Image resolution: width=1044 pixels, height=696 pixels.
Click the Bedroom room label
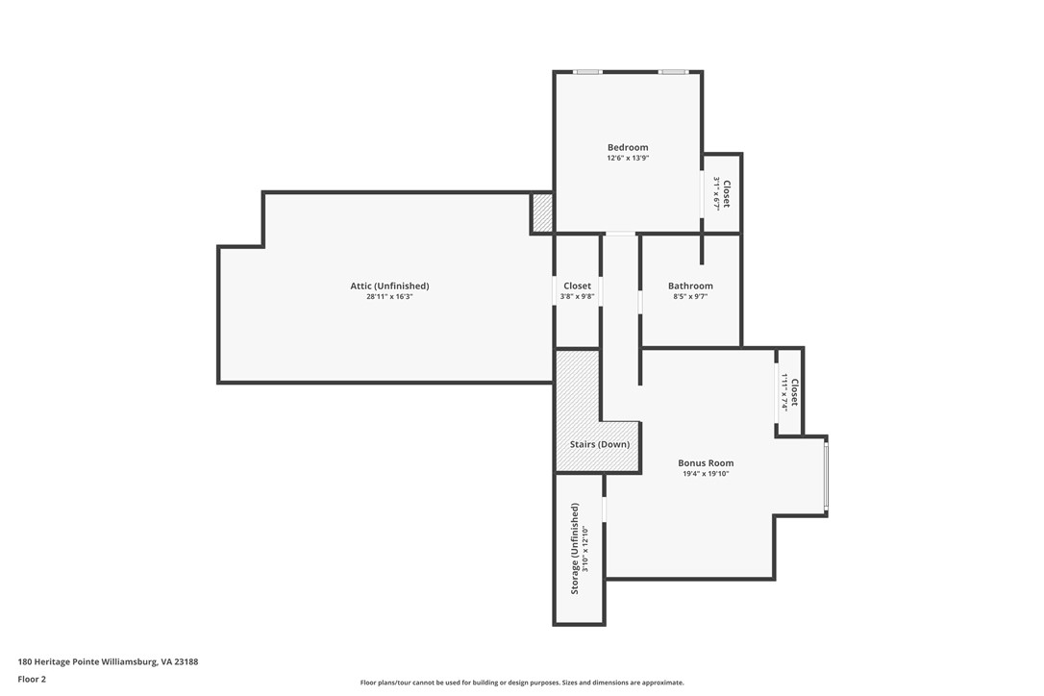coord(628,147)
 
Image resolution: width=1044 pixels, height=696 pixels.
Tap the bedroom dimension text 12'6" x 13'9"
coord(628,158)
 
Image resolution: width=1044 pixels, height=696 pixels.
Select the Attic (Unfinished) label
coord(389,286)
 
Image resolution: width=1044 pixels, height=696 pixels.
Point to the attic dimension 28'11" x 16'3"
coord(389,297)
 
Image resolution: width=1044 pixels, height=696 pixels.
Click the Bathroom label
coord(690,286)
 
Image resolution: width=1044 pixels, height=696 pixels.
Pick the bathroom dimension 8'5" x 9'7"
coord(690,297)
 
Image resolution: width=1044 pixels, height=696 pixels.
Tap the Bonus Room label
coord(706,462)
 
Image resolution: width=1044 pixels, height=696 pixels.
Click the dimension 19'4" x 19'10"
coord(706,474)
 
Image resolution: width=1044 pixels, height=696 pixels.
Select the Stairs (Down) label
coord(600,444)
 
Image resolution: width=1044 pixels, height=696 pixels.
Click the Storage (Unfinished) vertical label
coord(575,548)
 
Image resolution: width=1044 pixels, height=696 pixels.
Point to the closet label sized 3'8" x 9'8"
coord(578,286)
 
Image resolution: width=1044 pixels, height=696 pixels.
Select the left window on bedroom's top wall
coord(587,72)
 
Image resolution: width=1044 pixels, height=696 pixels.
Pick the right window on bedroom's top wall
coord(673,72)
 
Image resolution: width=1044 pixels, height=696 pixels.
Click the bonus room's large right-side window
coord(826,476)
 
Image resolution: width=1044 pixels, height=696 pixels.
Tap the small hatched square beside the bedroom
coord(542,212)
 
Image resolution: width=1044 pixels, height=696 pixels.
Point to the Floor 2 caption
coord(32,679)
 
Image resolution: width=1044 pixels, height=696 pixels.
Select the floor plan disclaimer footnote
coord(522,683)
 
